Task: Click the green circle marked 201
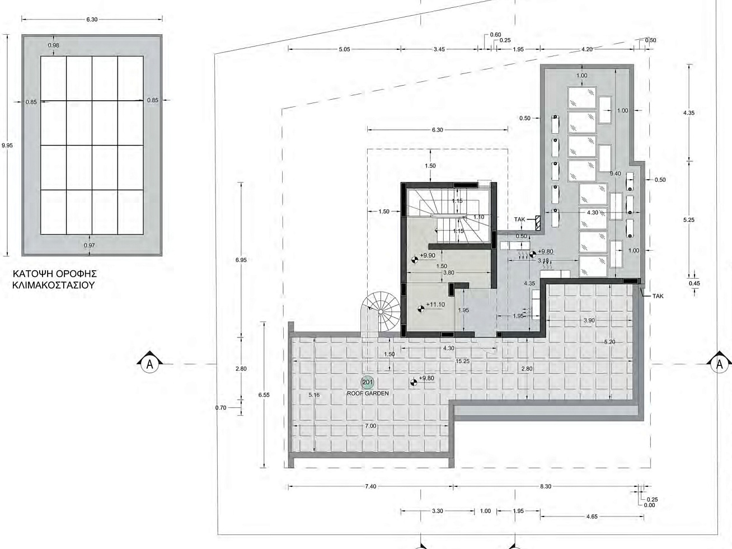click(x=368, y=382)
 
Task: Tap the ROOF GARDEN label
click(x=368, y=393)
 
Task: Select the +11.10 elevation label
click(x=435, y=304)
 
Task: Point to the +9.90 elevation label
click(x=428, y=255)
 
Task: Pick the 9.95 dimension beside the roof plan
click(x=7, y=146)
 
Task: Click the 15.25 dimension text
click(x=463, y=361)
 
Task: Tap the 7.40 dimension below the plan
click(x=370, y=486)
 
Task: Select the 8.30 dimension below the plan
click(x=546, y=486)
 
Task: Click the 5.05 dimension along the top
click(x=345, y=49)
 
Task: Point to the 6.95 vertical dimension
click(x=241, y=260)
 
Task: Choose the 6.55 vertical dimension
click(x=264, y=395)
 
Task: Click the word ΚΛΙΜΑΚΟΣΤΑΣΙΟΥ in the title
click(x=54, y=285)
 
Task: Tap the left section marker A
click(x=150, y=364)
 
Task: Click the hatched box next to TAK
click(x=538, y=223)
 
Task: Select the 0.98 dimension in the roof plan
click(x=53, y=45)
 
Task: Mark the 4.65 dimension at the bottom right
click(x=592, y=517)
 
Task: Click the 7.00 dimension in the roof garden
click(x=370, y=426)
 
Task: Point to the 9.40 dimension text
click(x=615, y=173)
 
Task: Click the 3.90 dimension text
click(x=589, y=320)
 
